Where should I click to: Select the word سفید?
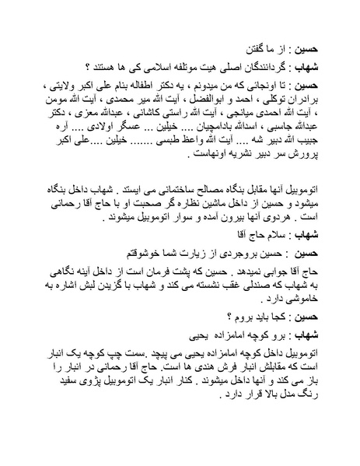(x=53, y=391)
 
